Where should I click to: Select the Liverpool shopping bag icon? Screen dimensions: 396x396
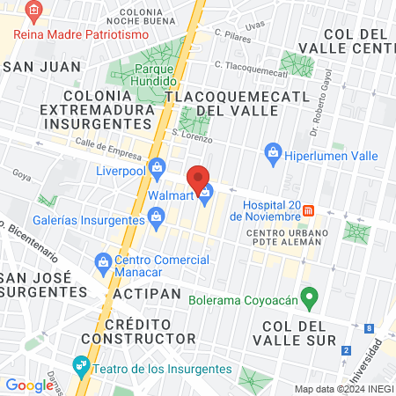(158, 165)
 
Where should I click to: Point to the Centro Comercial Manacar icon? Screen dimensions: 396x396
(103, 261)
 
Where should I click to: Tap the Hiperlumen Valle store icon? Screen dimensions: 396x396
(273, 155)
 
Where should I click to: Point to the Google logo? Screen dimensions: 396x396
(28, 385)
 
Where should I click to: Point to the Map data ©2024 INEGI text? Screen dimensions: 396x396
(343, 388)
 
